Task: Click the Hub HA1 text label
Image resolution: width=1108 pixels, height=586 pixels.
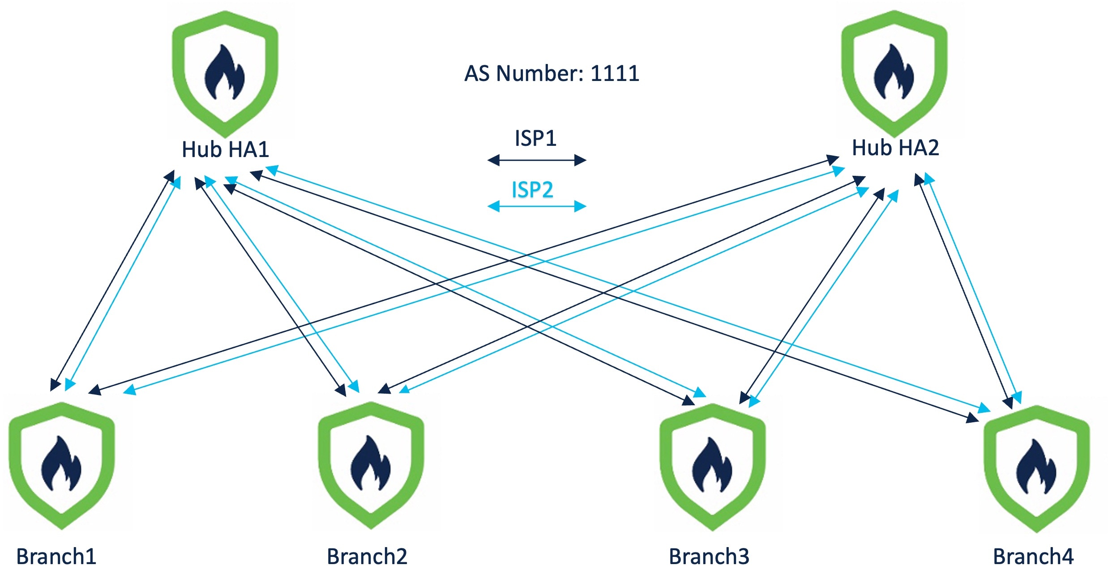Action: click(x=225, y=149)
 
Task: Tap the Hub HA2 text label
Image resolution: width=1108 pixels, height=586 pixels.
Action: click(x=895, y=148)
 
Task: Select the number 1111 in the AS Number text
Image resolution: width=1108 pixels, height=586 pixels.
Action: click(x=615, y=73)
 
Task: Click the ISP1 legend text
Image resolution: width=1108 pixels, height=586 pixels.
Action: click(x=535, y=138)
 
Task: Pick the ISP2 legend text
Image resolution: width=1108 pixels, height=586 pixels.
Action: click(x=532, y=190)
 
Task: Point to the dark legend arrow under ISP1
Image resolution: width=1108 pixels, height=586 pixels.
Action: click(x=536, y=160)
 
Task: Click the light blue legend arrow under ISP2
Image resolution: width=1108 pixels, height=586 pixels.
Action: click(x=536, y=206)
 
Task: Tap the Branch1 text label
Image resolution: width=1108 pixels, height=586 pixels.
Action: click(x=56, y=557)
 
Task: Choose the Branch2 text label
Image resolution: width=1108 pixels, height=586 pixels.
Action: click(x=367, y=557)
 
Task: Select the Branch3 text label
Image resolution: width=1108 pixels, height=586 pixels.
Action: click(x=709, y=557)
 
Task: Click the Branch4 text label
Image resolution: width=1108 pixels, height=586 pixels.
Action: click(x=1033, y=557)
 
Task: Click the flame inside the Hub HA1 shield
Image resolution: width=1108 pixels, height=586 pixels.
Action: click(x=225, y=74)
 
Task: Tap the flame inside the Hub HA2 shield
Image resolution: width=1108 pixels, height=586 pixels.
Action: click(x=894, y=73)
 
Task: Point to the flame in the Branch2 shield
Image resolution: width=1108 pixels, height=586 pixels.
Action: click(x=371, y=464)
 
